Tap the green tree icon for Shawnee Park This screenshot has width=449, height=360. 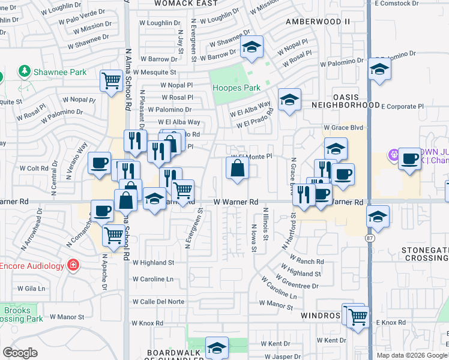click(x=25, y=72)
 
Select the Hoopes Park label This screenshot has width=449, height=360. click(x=237, y=88)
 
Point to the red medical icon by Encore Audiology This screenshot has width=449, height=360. click(x=73, y=265)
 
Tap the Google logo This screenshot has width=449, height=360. click(x=20, y=353)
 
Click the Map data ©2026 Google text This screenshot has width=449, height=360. click(x=412, y=355)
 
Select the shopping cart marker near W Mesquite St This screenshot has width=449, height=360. click(x=111, y=80)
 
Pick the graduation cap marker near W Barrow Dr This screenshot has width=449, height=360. click(x=252, y=47)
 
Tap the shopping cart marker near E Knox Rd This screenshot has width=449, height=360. click(x=358, y=316)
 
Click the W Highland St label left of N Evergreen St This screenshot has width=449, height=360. click(x=153, y=263)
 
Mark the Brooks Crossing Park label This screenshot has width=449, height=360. click(x=22, y=315)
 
